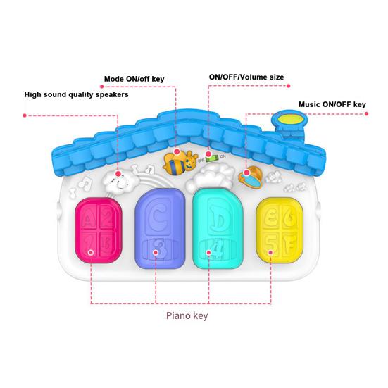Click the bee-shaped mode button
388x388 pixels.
click(x=180, y=163)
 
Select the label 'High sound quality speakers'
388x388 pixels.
click(x=77, y=94)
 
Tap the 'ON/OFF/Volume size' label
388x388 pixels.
click(x=246, y=76)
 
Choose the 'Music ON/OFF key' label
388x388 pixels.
click(x=332, y=104)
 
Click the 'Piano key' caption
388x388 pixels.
click(x=187, y=315)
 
